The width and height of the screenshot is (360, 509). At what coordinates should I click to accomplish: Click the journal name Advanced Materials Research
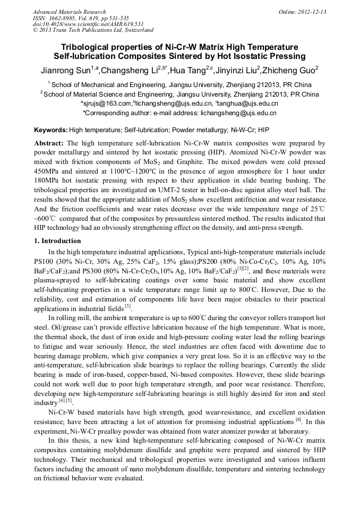coord(69,12)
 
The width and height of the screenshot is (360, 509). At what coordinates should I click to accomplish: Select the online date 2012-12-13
coord(312,12)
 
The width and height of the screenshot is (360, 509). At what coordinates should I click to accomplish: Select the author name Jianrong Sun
coord(65,70)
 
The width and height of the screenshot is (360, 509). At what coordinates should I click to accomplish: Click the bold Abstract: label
coord(49,143)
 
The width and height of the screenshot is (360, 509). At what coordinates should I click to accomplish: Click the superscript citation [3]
coord(128,306)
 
